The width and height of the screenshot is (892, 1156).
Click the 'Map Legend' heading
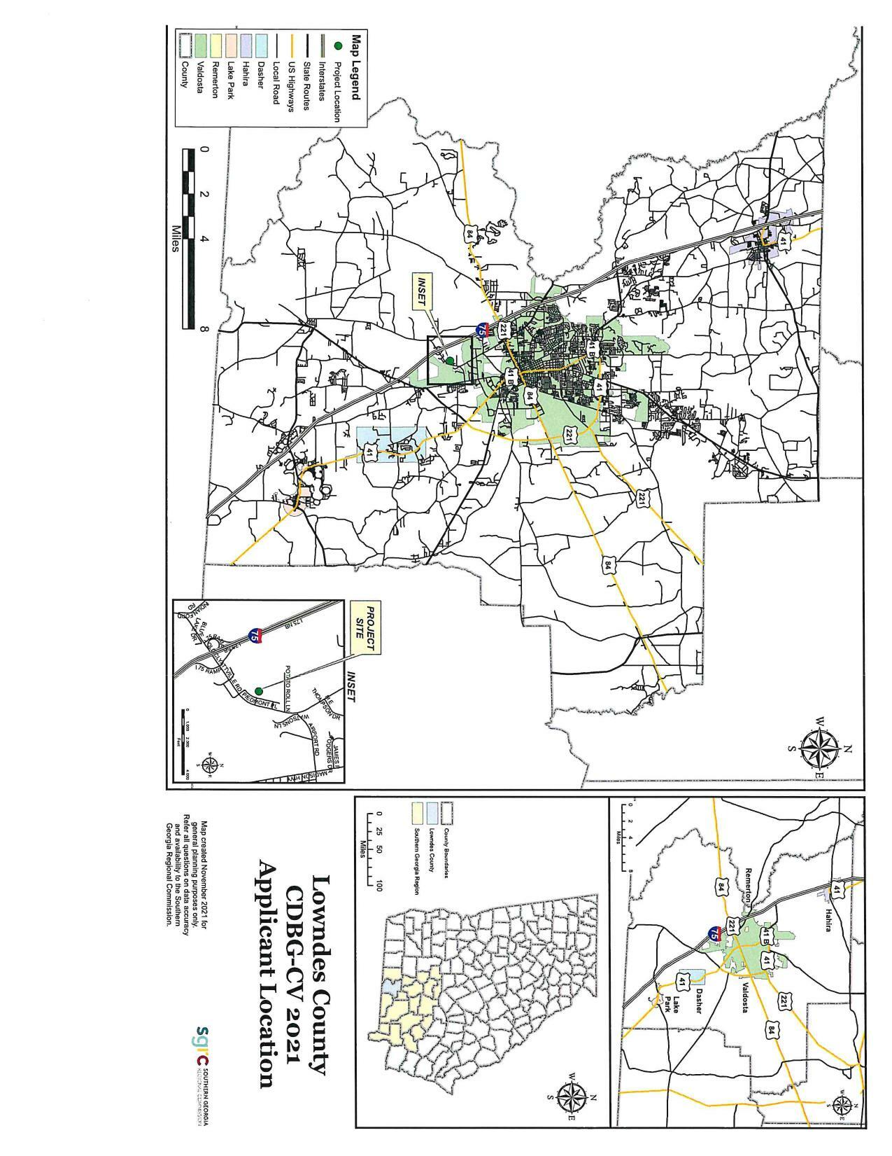(x=355, y=67)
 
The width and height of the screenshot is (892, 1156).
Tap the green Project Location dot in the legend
(x=339, y=46)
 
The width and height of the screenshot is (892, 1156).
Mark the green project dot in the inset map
(x=259, y=690)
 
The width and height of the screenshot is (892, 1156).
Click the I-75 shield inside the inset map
(x=255, y=636)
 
